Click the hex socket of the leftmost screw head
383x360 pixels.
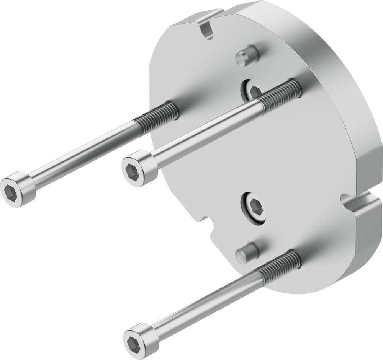pyautogui.click(x=10, y=191)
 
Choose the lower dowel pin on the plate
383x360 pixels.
pyautogui.click(x=246, y=253)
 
